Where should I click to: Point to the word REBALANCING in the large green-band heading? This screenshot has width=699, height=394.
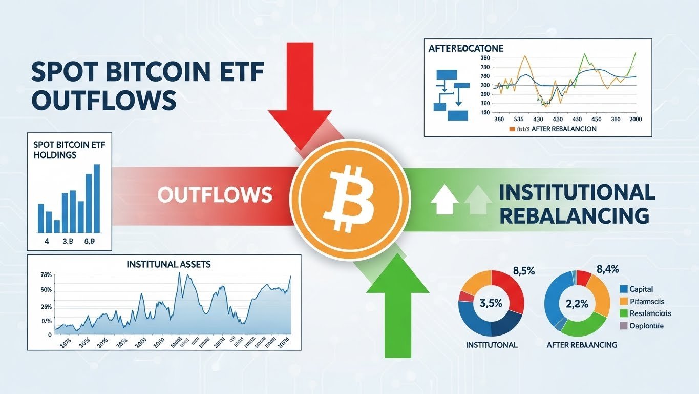click(x=574, y=215)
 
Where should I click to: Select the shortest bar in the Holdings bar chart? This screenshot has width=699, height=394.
click(x=57, y=226)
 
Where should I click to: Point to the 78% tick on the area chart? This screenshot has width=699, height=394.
click(x=46, y=275)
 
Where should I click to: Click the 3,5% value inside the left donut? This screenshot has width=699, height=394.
click(x=491, y=303)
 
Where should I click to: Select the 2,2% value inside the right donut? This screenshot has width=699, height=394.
click(x=577, y=303)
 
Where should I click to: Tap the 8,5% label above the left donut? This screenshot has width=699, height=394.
click(x=523, y=271)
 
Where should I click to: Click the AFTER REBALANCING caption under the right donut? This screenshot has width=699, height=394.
click(x=581, y=345)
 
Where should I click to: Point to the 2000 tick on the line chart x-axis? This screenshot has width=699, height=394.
click(x=636, y=119)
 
